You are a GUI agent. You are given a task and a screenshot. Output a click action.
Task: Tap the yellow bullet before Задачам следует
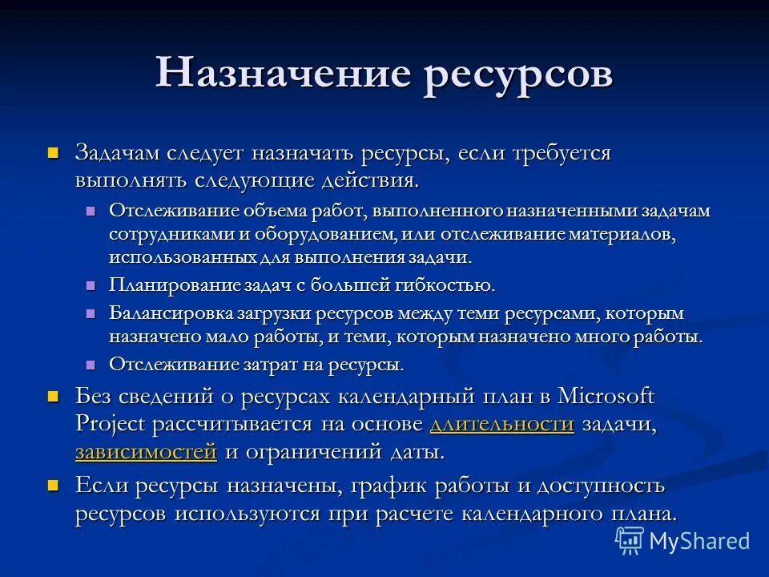pos(54,151)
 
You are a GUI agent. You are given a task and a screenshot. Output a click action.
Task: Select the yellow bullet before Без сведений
pos(54,396)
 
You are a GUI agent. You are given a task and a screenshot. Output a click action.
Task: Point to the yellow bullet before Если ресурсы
pos(54,485)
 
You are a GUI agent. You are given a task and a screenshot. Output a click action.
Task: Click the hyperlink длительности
pos(501,424)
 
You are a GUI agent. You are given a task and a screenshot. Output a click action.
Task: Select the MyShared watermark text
pos(699,541)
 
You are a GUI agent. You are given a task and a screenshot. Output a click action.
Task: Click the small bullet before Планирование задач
pos(91,284)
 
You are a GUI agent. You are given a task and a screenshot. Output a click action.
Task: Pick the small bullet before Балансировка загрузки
pos(91,313)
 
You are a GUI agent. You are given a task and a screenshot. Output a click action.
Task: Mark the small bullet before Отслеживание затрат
pos(91,363)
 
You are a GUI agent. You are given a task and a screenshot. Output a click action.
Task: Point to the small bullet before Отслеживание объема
pos(91,210)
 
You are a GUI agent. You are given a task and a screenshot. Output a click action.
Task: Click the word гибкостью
pos(447,285)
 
